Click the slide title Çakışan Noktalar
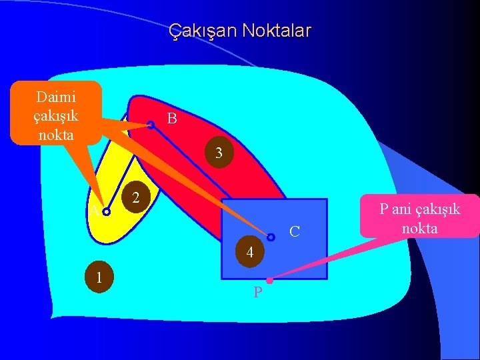(239, 31)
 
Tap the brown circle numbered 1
(98, 276)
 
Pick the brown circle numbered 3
(219, 153)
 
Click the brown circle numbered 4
(249, 252)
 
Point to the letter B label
(172, 119)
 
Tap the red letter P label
(257, 293)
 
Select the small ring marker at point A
(107, 212)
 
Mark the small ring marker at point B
(151, 124)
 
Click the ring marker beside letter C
(271, 237)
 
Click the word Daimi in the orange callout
(56, 97)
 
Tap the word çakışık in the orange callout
(56, 115)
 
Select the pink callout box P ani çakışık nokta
(420, 216)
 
